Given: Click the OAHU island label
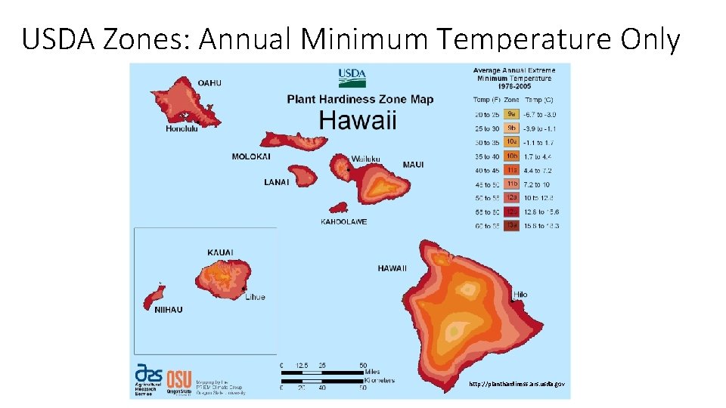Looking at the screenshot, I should pyautogui.click(x=209, y=82).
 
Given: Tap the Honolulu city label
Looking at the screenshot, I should pyautogui.click(x=181, y=128).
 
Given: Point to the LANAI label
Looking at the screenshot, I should pyautogui.click(x=276, y=182).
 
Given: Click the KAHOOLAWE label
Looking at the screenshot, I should pyautogui.click(x=344, y=222).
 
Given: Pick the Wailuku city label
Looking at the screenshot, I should pyautogui.click(x=365, y=159).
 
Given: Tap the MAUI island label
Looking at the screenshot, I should pyautogui.click(x=413, y=165).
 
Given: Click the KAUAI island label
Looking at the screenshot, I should pyautogui.click(x=220, y=252).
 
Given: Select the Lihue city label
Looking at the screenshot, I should pyautogui.click(x=255, y=297).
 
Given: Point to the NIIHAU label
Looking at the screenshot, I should pyautogui.click(x=168, y=310).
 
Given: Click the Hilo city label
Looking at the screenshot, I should pyautogui.click(x=520, y=295).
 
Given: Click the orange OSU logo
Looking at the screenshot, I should pyautogui.click(x=179, y=377).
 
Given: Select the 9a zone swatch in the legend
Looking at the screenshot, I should pyautogui.click(x=512, y=114).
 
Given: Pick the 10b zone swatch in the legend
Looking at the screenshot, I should pyautogui.click(x=512, y=156).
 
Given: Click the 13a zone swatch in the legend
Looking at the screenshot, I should pyautogui.click(x=512, y=225).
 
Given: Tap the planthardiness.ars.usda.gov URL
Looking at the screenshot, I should pyautogui.click(x=516, y=384).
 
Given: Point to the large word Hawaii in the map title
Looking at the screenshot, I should pyautogui.click(x=357, y=120).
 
